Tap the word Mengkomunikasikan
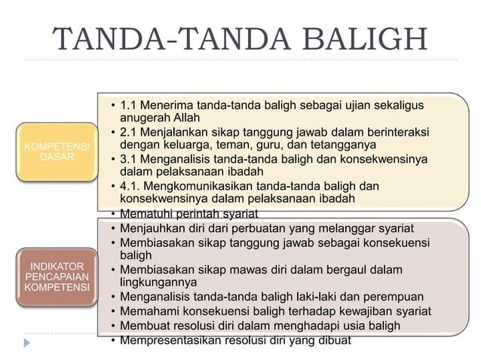coord(213,186)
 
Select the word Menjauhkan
coord(150,228)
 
